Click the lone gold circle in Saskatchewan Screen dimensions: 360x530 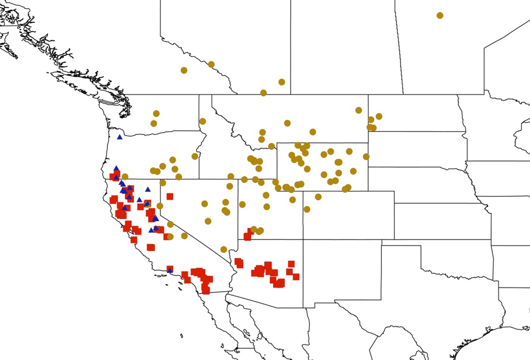point(440,16)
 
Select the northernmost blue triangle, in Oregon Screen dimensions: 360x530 point(120,137)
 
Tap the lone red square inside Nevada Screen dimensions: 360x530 point(170,196)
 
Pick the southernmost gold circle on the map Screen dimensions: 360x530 point(224,249)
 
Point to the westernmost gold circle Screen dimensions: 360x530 point(125,177)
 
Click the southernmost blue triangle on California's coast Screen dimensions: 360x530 point(170,270)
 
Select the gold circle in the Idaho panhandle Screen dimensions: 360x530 point(202,121)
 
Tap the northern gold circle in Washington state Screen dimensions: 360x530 point(156,113)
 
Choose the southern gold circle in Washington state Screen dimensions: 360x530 point(154,123)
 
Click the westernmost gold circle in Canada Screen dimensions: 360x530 point(184,70)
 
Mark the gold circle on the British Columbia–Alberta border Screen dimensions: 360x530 point(211,64)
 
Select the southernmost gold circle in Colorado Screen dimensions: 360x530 point(307,209)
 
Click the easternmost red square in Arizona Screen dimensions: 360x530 point(296,277)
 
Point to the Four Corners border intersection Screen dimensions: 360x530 point(303,239)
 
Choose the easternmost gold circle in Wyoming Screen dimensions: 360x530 point(366,156)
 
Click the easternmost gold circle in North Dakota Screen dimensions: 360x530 point(379,116)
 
